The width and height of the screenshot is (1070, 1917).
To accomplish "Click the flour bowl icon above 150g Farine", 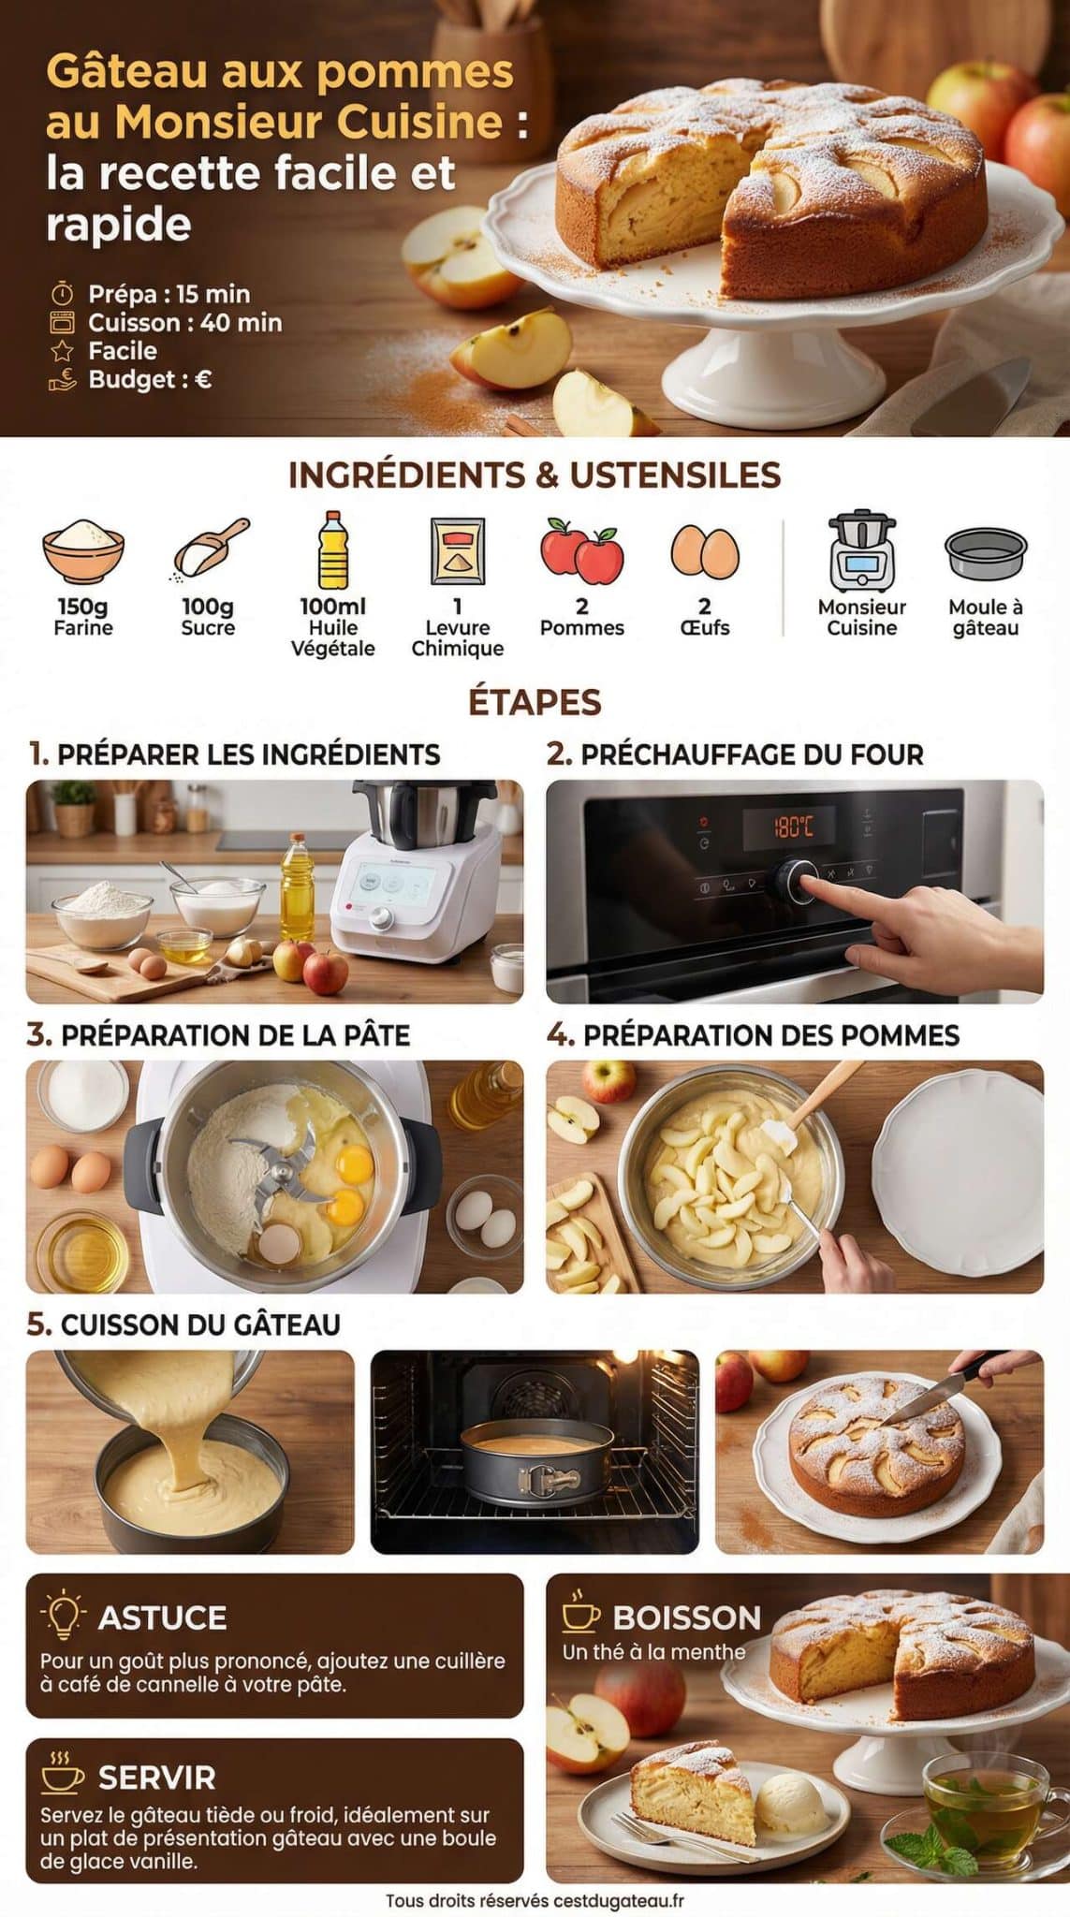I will pos(82,551).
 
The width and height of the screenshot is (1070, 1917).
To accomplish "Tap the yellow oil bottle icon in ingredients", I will pos(332,550).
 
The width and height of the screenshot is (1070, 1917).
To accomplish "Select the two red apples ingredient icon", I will pos(581,551).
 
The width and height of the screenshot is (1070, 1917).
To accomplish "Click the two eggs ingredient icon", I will pos(704,551).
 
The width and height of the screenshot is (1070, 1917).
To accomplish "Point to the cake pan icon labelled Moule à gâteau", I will pos(985,554).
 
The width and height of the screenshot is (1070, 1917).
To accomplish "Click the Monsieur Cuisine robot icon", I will pos(861,551).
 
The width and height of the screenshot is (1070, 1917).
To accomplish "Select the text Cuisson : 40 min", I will pos(184,323).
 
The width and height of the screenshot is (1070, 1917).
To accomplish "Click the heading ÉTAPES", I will pos(535,702).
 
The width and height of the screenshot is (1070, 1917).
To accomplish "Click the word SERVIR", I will pos(156,1778).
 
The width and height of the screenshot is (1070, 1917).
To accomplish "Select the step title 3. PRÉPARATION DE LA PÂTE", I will pos(218,1035).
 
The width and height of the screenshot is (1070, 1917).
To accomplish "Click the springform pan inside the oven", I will pos(535,1461).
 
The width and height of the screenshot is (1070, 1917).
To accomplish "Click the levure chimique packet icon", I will pos(457,551).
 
